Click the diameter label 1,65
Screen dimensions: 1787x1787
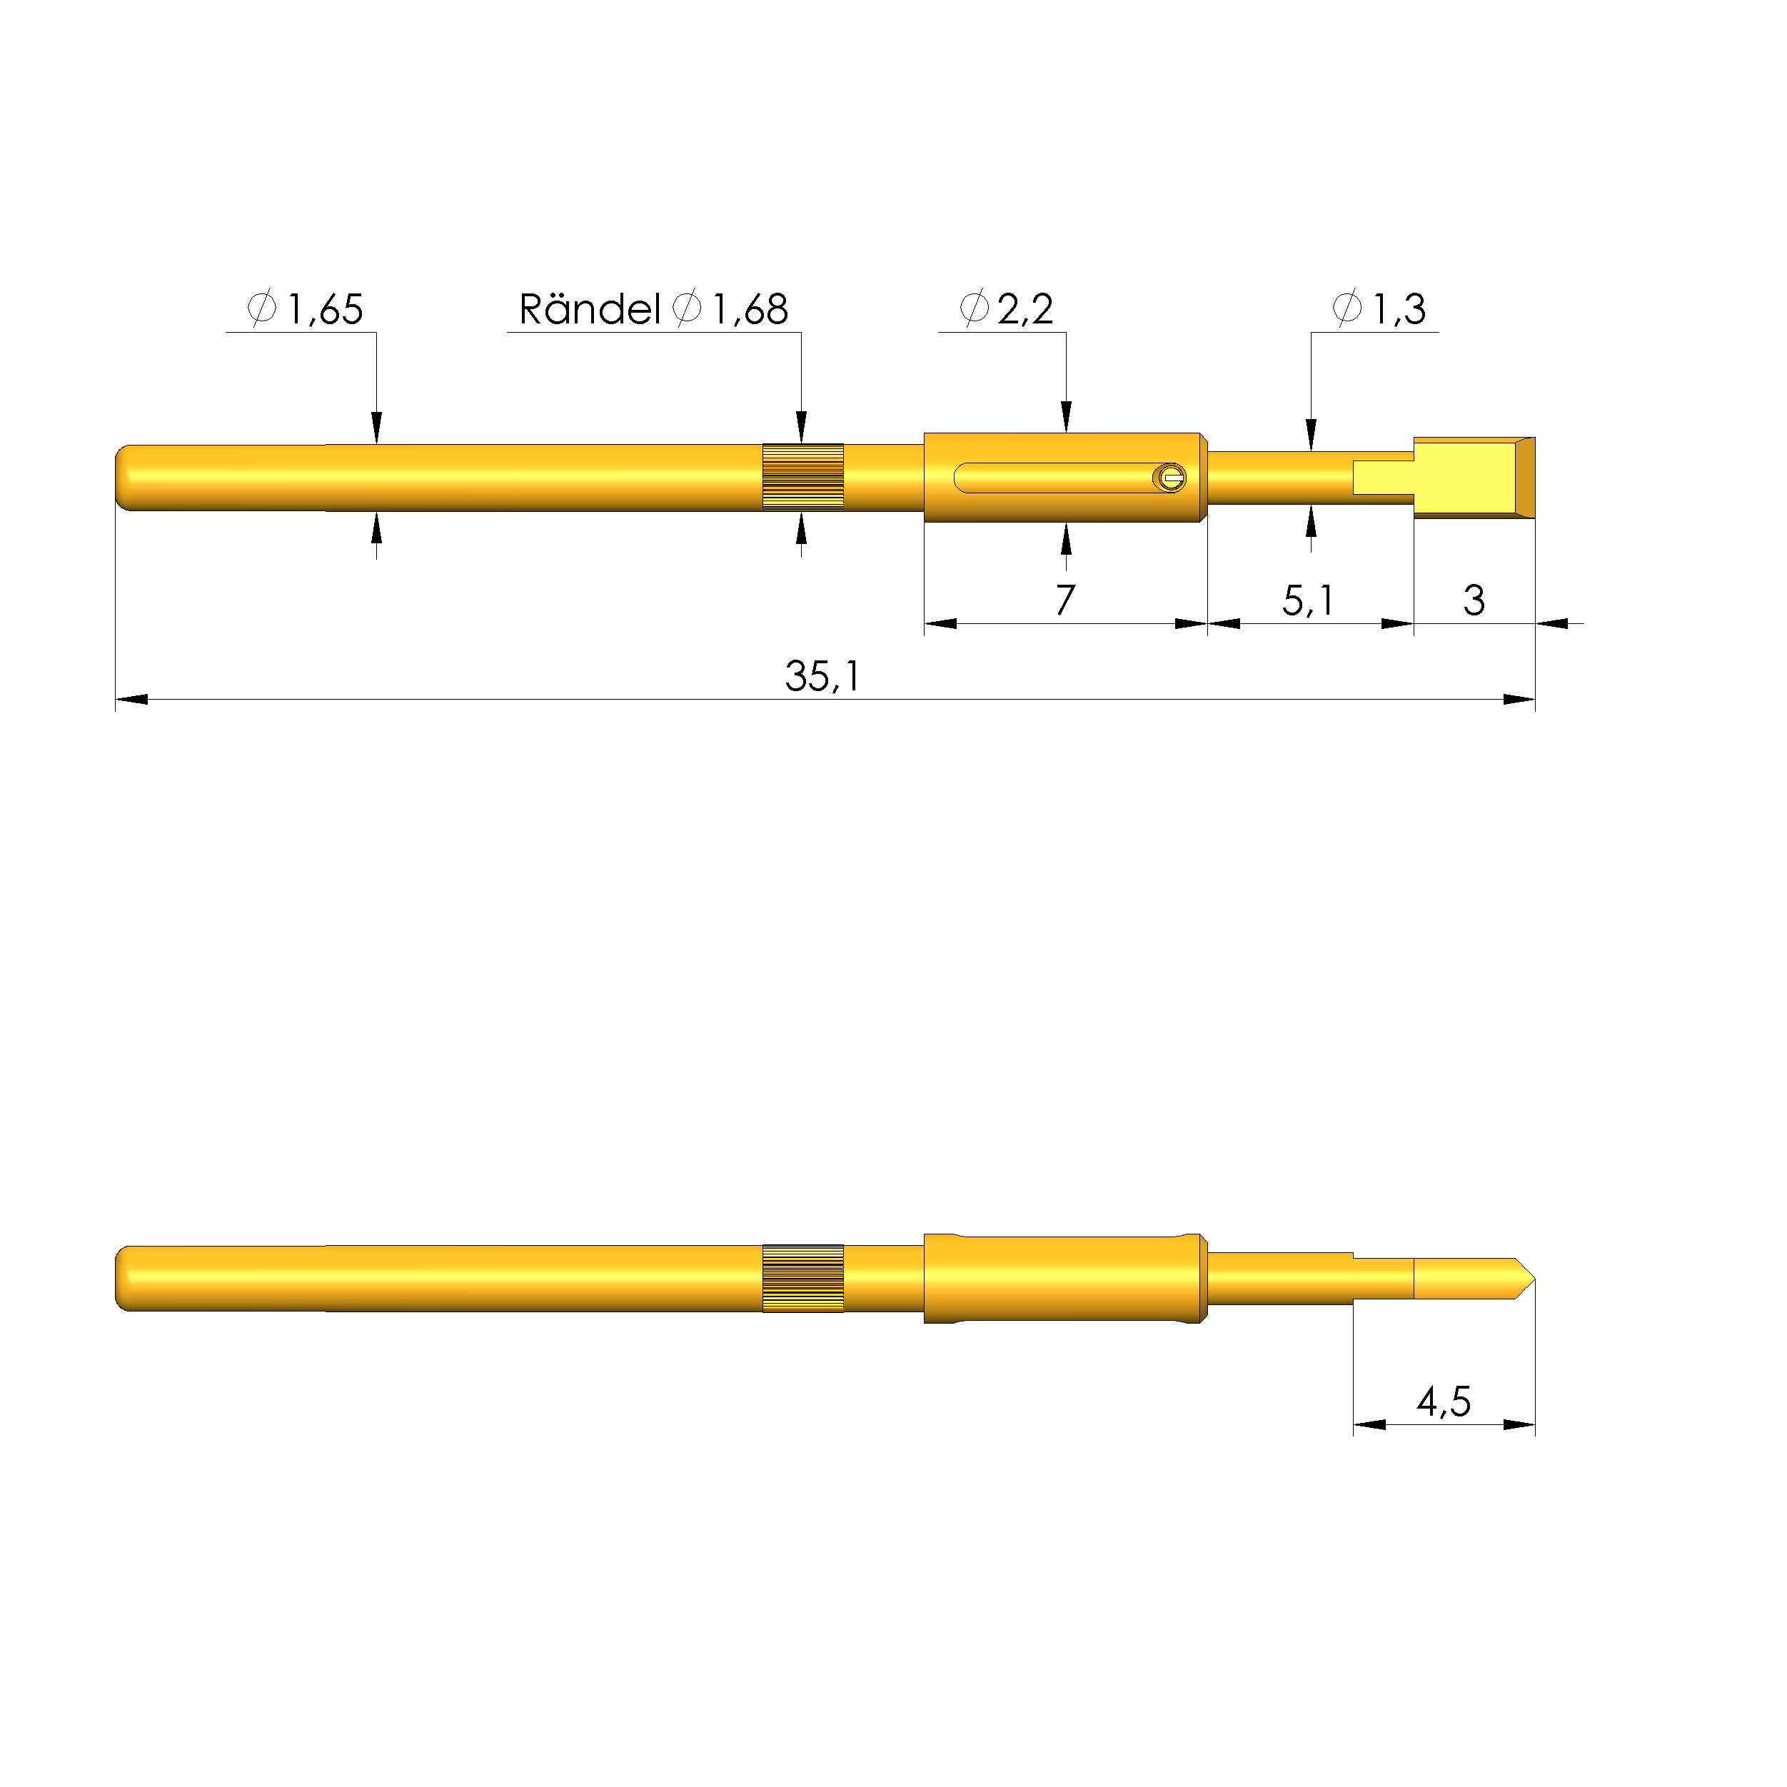[323, 309]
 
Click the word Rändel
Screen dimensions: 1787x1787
[589, 309]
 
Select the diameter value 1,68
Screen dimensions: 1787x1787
[749, 309]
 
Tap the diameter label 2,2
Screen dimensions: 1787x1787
[1025, 309]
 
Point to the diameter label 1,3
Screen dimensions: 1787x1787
[1398, 309]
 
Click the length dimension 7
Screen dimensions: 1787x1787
[1064, 600]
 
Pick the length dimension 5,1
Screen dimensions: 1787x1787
[1307, 600]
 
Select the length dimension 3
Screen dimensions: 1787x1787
[1474, 600]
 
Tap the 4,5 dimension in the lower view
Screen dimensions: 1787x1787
[1443, 1401]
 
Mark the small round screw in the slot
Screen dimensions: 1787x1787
[1170, 478]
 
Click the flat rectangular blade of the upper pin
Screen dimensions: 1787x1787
[1471, 478]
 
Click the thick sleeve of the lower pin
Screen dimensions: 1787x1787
[1064, 1278]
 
